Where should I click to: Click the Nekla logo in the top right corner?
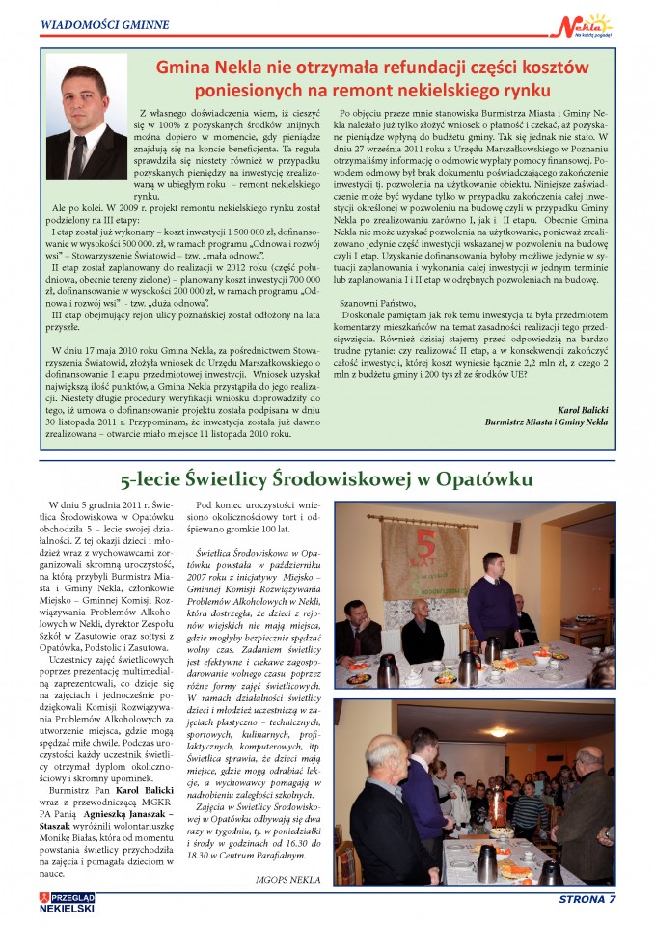point(586,25)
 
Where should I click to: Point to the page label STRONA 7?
point(587,901)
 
